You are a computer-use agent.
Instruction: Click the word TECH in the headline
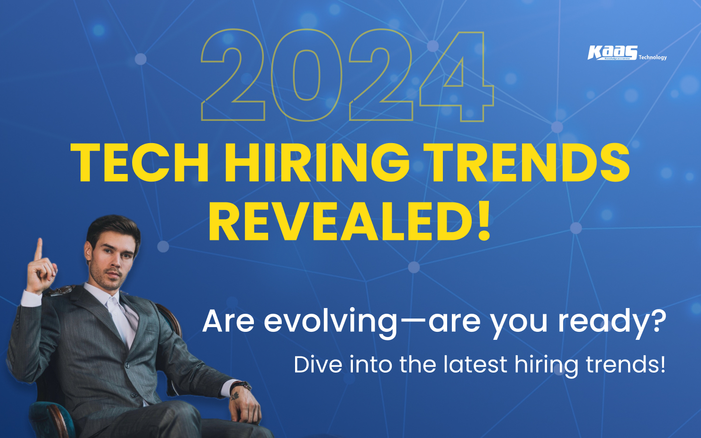pyautogui.click(x=139, y=162)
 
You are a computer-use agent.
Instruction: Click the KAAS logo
pyautogui.click(x=612, y=53)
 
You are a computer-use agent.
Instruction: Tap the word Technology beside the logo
pyautogui.click(x=652, y=57)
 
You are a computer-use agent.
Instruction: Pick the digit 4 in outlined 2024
pyautogui.click(x=457, y=76)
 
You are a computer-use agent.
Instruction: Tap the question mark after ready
pyautogui.click(x=657, y=320)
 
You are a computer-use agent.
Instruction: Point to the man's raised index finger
pyautogui.click(x=38, y=248)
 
